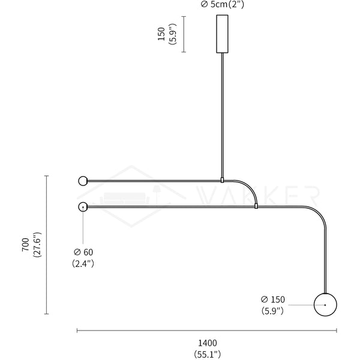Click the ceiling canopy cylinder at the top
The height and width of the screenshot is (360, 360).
[222, 34]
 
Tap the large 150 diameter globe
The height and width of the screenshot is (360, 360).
[325, 305]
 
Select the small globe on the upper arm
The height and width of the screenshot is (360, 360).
[83, 181]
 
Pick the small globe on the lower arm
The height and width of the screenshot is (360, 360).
[83, 207]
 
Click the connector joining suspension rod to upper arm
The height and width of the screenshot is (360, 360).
[222, 180]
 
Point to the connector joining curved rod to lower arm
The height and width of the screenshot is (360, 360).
[256, 206]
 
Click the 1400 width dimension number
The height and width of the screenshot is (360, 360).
[208, 343]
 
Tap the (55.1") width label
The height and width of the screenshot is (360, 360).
[208, 354]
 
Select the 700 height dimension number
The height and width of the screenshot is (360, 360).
[26, 245]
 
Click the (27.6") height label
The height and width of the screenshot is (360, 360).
[37, 245]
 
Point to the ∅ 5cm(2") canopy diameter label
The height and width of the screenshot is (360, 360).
[222, 5]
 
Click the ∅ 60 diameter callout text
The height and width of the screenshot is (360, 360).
[83, 252]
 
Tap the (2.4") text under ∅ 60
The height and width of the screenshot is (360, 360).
[83, 263]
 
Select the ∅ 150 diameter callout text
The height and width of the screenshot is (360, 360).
[273, 299]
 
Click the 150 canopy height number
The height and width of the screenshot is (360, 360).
[161, 34]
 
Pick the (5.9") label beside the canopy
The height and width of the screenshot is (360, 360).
[173, 34]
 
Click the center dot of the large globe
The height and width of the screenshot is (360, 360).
[325, 305]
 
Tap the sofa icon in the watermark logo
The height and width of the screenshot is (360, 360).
[125, 199]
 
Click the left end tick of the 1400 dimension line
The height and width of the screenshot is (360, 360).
[77, 331]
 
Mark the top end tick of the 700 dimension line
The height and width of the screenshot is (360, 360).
[46, 176]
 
